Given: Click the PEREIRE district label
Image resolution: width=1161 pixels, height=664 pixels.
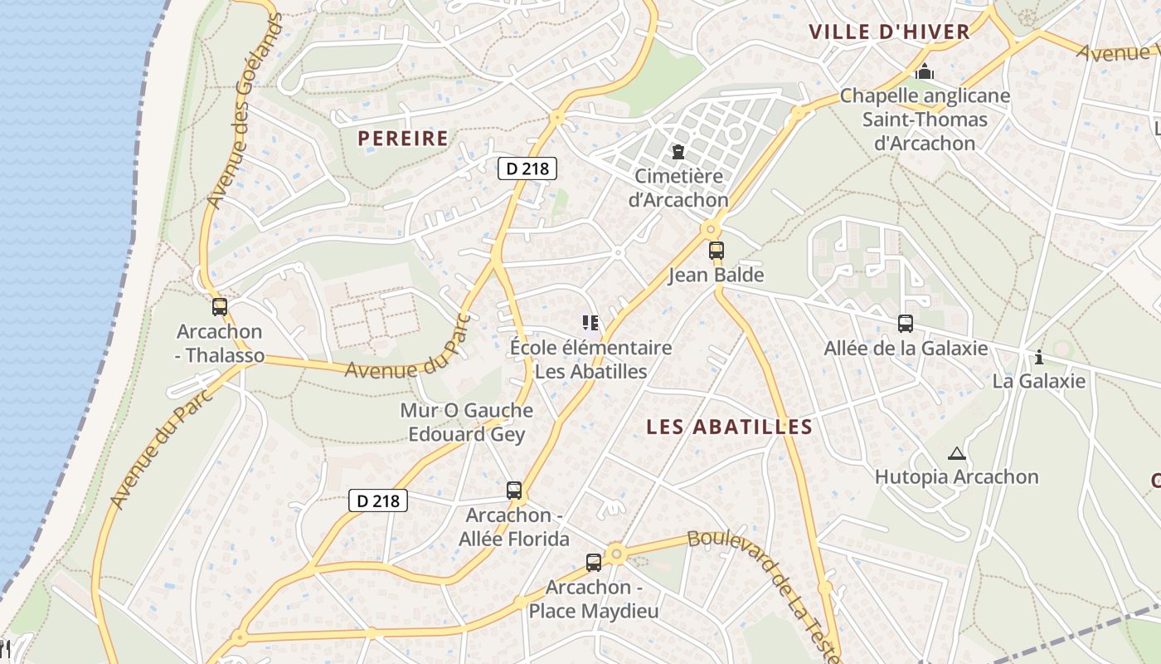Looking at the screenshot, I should (x=403, y=138).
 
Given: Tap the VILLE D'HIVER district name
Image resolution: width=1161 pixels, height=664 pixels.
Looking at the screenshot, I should (x=889, y=32).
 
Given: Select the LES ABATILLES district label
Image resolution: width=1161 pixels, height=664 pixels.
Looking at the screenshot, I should (x=730, y=427).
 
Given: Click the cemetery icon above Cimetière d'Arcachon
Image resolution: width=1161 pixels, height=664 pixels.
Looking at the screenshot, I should (x=678, y=153).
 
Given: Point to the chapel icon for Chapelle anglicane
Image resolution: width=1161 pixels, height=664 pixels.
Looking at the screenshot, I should (x=925, y=73).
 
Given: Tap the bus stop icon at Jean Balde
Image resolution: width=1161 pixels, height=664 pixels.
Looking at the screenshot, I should (x=716, y=251).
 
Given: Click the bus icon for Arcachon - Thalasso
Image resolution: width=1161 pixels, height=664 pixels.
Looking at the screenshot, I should (x=220, y=307).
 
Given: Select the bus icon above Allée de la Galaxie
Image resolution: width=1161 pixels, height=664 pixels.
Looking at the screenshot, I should (x=906, y=324).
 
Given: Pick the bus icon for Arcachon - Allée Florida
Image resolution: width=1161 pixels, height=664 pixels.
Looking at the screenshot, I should (x=514, y=491).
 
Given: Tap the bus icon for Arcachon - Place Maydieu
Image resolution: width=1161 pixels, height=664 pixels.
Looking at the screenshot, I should (x=594, y=563).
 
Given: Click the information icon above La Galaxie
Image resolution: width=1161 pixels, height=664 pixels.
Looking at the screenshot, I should (x=1039, y=357).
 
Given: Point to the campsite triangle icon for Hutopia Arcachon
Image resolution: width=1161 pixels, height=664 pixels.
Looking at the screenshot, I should (x=957, y=453).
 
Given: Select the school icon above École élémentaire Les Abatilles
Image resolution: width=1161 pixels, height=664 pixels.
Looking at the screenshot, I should (x=590, y=323).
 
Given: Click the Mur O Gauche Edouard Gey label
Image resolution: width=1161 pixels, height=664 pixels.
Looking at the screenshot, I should (x=467, y=422).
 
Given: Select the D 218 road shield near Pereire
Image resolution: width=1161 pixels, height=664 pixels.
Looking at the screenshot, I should (x=527, y=168).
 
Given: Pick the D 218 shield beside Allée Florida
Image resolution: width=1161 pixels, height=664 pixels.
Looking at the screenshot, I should (x=378, y=500).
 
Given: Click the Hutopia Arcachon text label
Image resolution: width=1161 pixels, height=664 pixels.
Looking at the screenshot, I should (x=957, y=477).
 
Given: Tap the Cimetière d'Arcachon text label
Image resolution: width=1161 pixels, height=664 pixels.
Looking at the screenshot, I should (x=678, y=188).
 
